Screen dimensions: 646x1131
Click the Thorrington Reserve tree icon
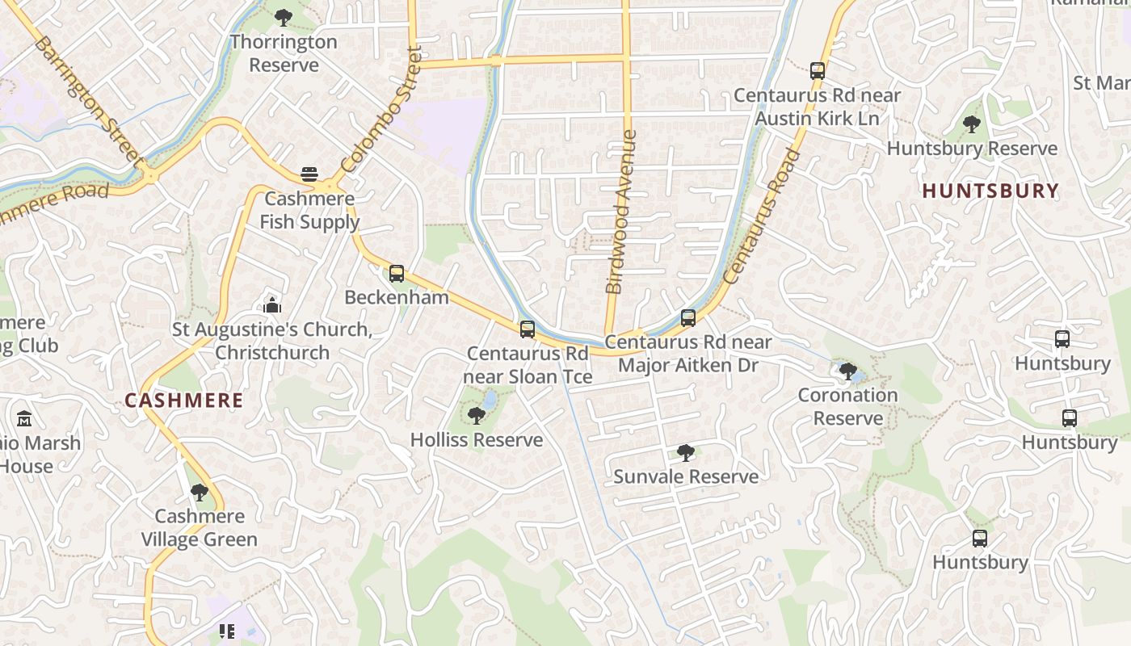pos(283,17)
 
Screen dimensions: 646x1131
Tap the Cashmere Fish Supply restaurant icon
pos(309,174)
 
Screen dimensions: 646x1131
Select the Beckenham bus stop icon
pos(396,273)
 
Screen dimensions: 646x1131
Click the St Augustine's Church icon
pos(272,306)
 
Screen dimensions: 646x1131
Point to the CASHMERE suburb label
pos(183,401)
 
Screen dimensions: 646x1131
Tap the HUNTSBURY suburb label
pos(990,191)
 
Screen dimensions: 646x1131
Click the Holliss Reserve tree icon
pos(477,416)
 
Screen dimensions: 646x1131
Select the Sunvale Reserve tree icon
pos(686,452)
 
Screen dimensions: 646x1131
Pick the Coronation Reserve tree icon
pos(847,371)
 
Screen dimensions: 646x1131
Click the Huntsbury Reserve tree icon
pos(971,124)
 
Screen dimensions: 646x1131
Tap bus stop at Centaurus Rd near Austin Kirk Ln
pos(818,70)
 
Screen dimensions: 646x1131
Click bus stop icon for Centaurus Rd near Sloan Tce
pos(528,329)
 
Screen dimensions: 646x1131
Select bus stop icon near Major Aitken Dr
pos(688,318)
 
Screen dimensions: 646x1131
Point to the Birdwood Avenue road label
pos(620,212)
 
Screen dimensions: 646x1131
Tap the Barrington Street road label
pos(87,98)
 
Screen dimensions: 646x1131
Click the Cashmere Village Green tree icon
pos(199,493)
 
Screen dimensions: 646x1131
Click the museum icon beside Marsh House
pos(24,419)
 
